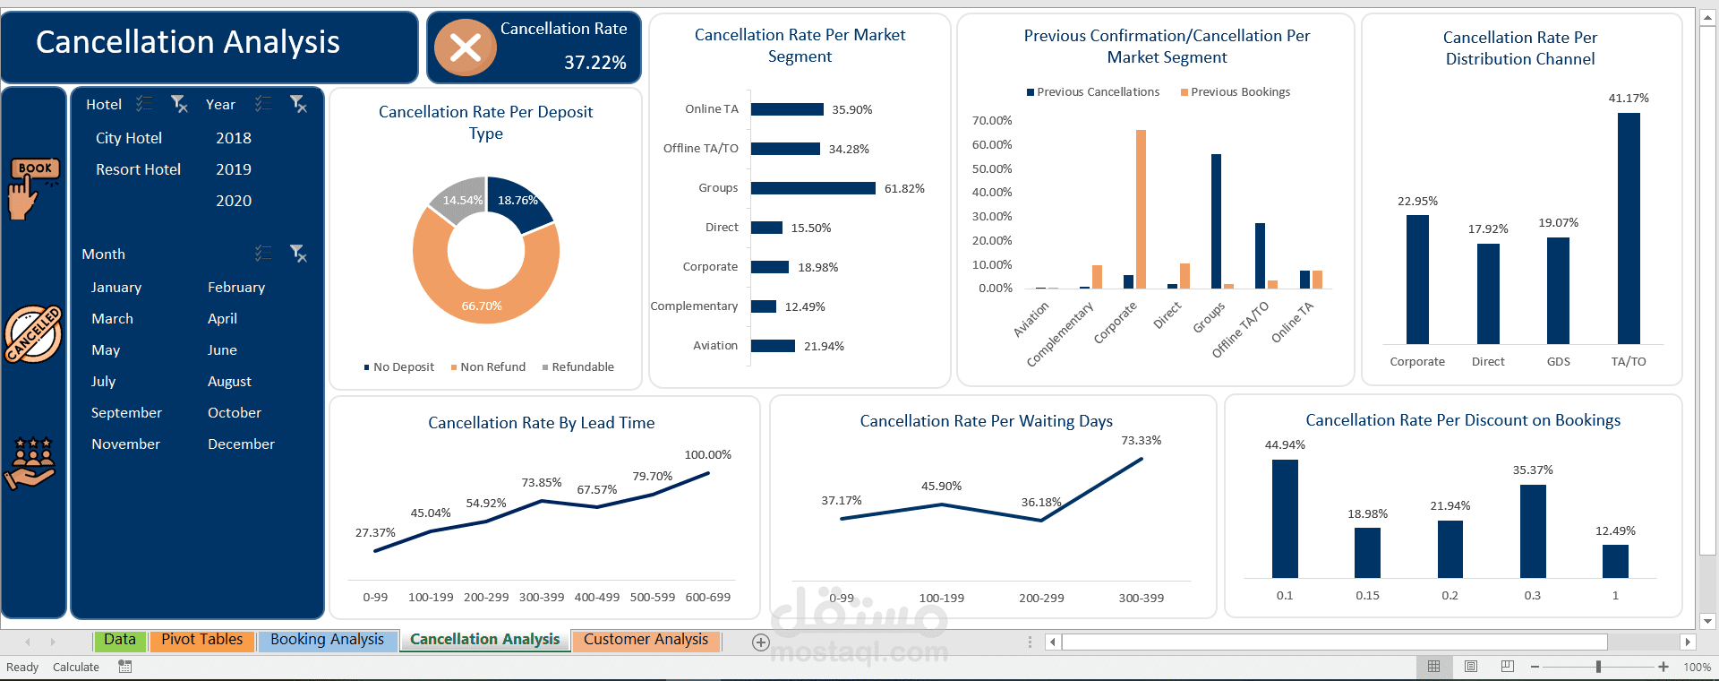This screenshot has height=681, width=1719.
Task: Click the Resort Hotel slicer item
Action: pyautogui.click(x=138, y=169)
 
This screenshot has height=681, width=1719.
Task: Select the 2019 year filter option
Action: pyautogui.click(x=233, y=169)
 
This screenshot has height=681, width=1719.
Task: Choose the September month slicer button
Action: pyautogui.click(x=126, y=413)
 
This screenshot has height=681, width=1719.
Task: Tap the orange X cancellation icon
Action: pyautogui.click(x=465, y=47)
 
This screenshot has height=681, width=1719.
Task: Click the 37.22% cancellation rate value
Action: pyautogui.click(x=594, y=63)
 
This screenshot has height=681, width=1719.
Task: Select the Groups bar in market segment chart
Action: pyautogui.click(x=812, y=188)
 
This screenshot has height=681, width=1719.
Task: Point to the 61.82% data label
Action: pyautogui.click(x=903, y=188)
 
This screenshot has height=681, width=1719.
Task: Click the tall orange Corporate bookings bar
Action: pyautogui.click(x=1141, y=209)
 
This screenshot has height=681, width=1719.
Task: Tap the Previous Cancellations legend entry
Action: pyautogui.click(x=1093, y=92)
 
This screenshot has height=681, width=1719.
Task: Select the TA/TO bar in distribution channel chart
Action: pyautogui.click(x=1629, y=228)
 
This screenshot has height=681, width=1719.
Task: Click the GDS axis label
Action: pyautogui.click(x=1558, y=362)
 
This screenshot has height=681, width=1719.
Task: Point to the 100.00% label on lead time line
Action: pyautogui.click(x=707, y=455)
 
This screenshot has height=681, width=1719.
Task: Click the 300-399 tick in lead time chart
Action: pyautogui.click(x=542, y=598)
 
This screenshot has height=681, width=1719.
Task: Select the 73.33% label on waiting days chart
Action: pyautogui.click(x=1141, y=441)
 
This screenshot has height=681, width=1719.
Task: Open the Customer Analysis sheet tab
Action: pyautogui.click(x=646, y=640)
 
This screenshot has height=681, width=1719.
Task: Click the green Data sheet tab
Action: pyautogui.click(x=119, y=640)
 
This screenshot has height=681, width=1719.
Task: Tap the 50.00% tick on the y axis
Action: pyautogui.click(x=991, y=168)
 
